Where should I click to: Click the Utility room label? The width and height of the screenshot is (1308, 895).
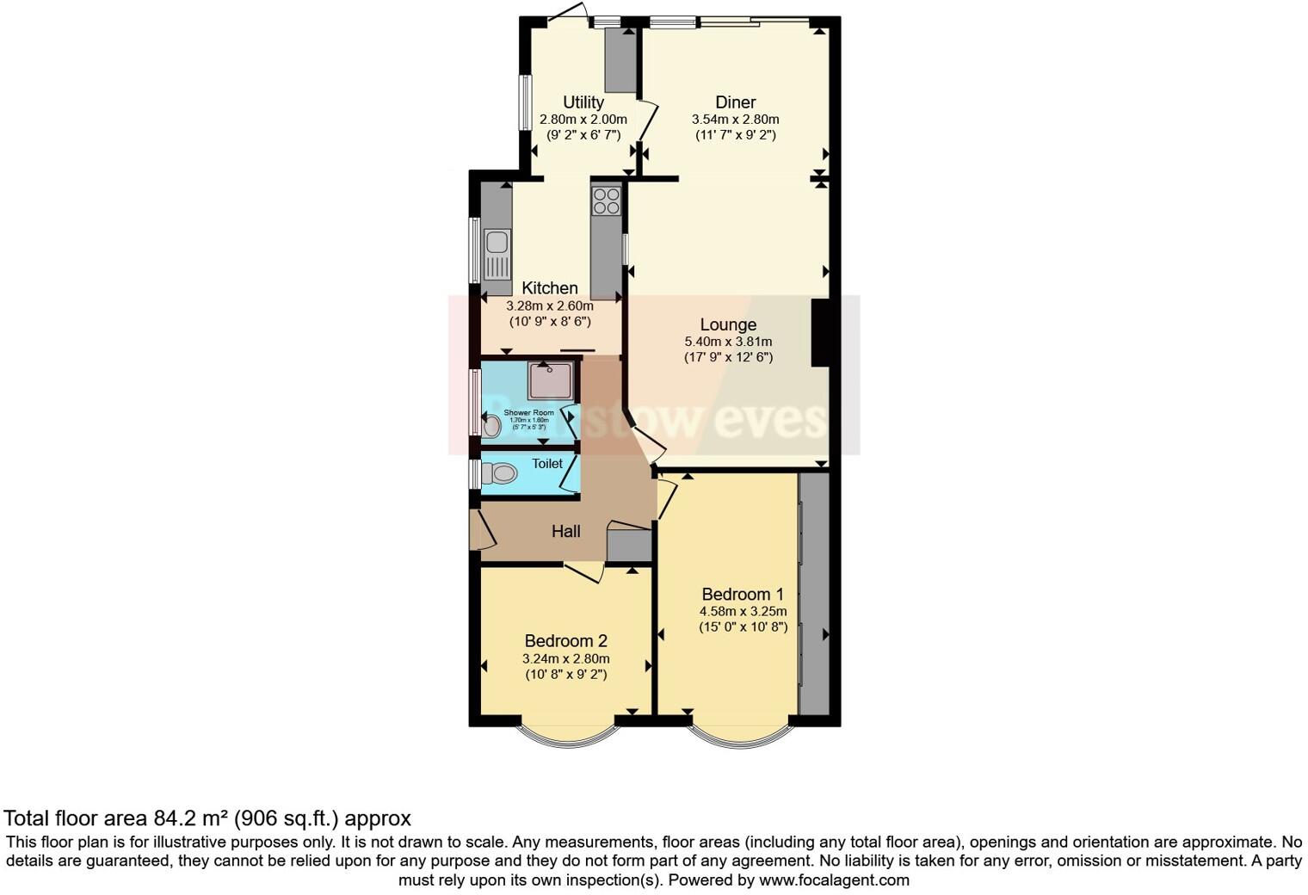583,102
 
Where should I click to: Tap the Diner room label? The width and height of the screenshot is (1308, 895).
735,102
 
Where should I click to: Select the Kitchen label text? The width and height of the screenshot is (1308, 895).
549,288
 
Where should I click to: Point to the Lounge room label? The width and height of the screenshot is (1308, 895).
728,324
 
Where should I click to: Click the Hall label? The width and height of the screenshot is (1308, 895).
565,532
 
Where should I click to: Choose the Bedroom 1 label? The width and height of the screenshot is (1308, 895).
743,594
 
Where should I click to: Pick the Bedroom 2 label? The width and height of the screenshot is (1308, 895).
565,641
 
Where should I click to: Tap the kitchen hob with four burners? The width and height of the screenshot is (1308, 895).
606,201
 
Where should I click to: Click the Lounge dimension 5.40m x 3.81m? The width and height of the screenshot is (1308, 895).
728,342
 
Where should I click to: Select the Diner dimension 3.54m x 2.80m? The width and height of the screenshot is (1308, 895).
735,120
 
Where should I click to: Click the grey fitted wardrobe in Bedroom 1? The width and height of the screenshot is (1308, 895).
814,594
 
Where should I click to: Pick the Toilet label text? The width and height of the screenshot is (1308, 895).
547,464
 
